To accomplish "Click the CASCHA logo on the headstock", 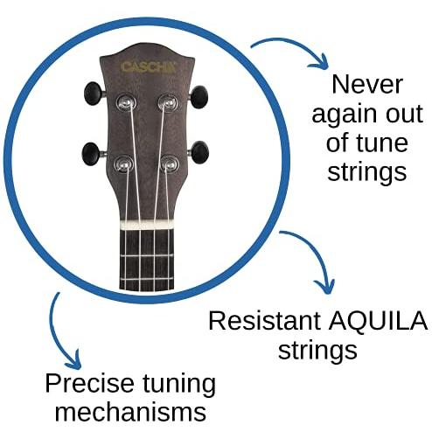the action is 149,67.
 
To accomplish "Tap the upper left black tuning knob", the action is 94,94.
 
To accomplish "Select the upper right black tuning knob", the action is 199,97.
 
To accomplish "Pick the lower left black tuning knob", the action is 91,154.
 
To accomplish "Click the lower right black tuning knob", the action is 200,152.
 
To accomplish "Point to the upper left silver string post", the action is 126,102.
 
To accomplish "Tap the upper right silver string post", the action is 168,102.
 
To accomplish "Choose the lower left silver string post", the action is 123,164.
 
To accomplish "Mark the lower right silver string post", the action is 170,164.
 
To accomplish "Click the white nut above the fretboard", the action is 147,225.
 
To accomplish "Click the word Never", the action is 367,84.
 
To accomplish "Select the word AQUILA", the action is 378,321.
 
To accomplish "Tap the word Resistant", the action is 265,321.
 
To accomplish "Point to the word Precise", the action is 89,383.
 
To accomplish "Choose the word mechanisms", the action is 130,412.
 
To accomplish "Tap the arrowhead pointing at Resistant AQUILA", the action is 325,287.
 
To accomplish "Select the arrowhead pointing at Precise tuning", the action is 73,360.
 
